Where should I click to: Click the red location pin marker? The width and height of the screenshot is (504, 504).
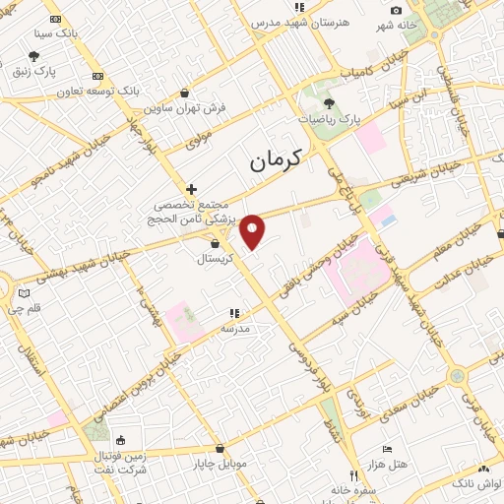[254, 231]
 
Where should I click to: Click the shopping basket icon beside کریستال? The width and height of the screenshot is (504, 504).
[215, 243]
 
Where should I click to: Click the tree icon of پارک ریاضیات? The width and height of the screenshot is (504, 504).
[329, 102]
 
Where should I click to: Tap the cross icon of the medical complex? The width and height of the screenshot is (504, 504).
[191, 189]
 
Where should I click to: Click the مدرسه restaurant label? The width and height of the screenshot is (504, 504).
[234, 327]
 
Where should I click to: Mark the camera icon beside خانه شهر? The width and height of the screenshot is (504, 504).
[396, 11]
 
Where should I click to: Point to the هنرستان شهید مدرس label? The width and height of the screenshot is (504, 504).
[300, 21]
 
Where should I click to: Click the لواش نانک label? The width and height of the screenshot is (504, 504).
[477, 483]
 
